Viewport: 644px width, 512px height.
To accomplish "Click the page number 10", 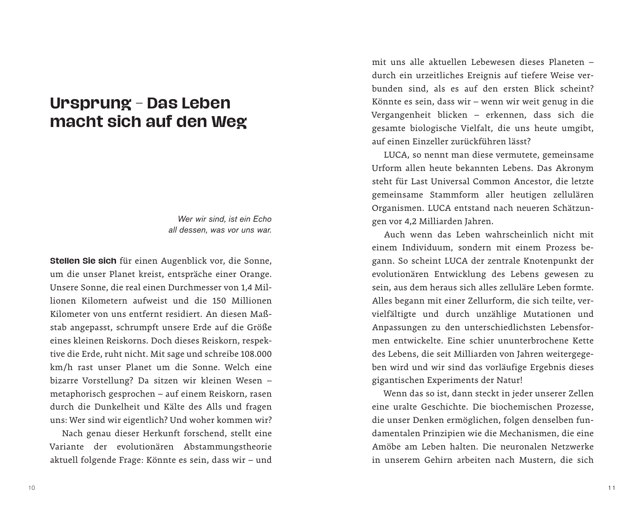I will pos(32,488).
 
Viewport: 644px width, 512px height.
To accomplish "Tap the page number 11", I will pos(611,488).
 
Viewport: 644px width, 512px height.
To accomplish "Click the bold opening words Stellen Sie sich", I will pos(83,261).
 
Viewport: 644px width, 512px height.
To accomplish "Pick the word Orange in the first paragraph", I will pos(254,274).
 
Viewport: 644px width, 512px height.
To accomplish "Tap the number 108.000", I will pos(256,354).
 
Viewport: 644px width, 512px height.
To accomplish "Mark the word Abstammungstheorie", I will pos(227,447).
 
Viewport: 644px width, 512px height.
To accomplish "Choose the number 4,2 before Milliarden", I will pos(407,221).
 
